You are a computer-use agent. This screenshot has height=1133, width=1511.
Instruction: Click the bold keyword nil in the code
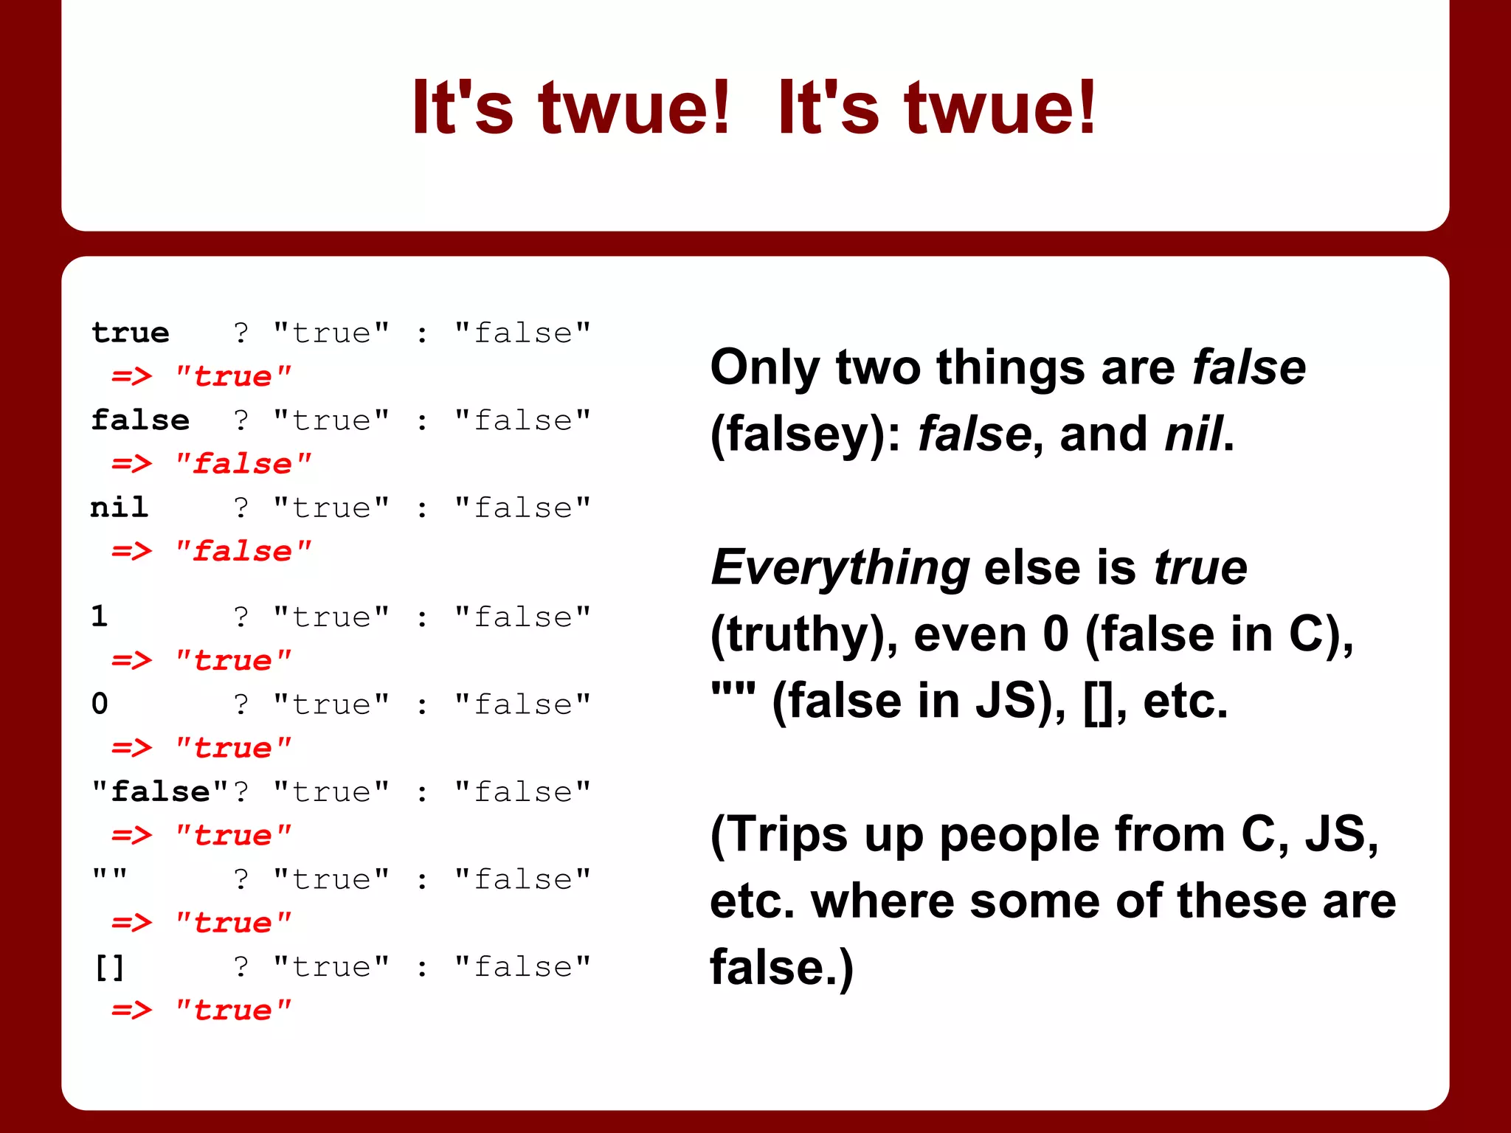point(119,507)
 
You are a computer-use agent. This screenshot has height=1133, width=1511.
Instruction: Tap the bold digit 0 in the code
point(100,704)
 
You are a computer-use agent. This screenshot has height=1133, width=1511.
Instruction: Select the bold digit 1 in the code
point(100,617)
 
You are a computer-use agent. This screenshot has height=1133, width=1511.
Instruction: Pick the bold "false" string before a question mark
point(159,791)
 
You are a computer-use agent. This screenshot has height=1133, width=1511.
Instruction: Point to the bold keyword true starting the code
point(131,333)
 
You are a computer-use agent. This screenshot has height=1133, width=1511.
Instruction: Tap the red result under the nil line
point(242,551)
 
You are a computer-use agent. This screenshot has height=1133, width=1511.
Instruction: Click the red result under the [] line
point(232,1010)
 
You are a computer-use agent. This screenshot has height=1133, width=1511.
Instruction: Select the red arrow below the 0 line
point(131,748)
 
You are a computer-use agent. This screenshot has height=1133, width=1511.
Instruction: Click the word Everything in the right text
point(840,568)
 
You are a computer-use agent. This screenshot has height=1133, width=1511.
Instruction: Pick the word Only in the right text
point(764,367)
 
